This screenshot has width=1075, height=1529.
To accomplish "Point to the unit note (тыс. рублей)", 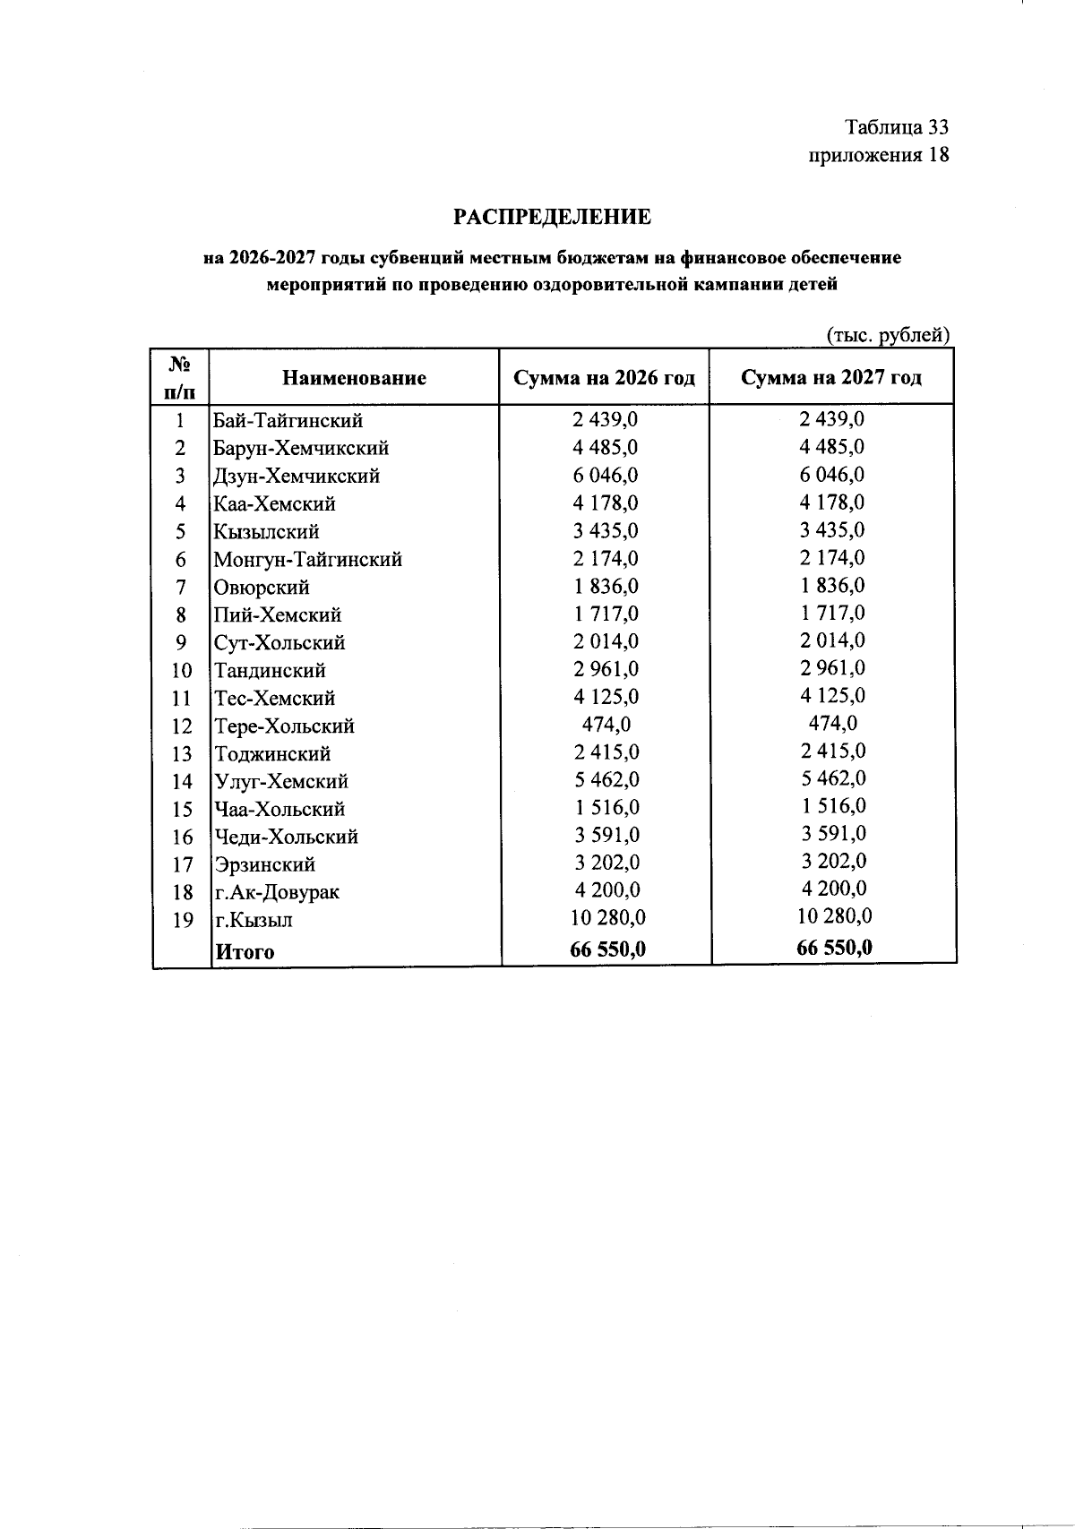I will (887, 335).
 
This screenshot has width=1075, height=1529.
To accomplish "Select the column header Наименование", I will (354, 378).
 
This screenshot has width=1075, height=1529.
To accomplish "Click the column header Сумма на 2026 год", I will (605, 378).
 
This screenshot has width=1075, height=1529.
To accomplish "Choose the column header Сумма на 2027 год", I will (831, 377).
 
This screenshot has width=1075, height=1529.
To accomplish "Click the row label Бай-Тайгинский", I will (288, 420).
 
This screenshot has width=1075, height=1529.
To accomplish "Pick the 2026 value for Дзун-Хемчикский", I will (606, 475).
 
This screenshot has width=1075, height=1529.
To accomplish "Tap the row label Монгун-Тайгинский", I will (307, 560).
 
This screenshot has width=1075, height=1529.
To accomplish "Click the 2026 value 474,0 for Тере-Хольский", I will (606, 724).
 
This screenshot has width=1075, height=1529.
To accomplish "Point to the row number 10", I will (182, 671).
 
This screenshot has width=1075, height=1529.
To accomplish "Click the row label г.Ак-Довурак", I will (276, 892).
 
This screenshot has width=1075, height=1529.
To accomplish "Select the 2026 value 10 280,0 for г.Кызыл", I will (607, 918).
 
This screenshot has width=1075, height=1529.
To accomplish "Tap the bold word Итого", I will (245, 952).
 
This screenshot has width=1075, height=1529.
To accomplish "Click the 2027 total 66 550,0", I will (834, 948).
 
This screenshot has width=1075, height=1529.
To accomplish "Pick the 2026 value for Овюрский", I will (606, 586).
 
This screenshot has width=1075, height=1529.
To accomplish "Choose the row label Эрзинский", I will (264, 864).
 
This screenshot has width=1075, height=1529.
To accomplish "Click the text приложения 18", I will (878, 155).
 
